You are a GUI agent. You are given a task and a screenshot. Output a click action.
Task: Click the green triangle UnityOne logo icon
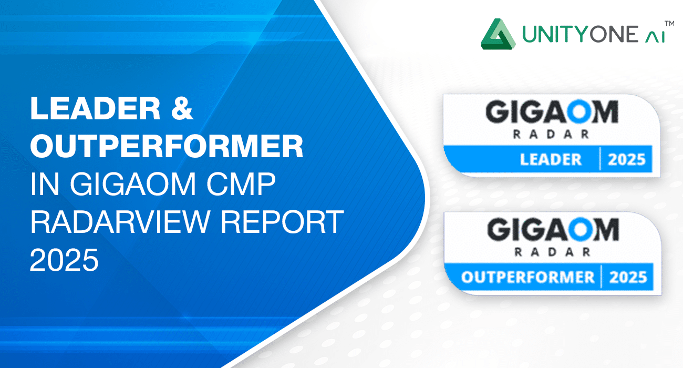point(498,34)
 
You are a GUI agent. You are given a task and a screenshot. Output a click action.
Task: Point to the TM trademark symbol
point(669,24)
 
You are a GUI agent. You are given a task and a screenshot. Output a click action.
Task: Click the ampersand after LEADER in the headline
point(182,108)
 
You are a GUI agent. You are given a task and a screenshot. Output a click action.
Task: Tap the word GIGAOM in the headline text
point(133,184)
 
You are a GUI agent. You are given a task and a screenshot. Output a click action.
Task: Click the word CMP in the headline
point(241,184)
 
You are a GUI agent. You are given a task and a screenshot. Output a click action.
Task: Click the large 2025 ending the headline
point(64,260)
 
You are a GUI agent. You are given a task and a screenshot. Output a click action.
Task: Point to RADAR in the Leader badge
point(551,134)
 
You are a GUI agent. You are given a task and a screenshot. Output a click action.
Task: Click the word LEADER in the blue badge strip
point(551,159)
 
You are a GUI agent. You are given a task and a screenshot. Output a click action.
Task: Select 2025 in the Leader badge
point(627,159)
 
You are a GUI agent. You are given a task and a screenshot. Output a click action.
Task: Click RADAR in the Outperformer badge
point(552,252)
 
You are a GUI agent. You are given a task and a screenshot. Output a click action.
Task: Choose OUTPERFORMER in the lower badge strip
point(528,277)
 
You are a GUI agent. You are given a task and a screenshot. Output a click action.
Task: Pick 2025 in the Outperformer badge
point(628,277)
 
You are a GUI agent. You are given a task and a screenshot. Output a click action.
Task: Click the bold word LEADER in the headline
point(95,108)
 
